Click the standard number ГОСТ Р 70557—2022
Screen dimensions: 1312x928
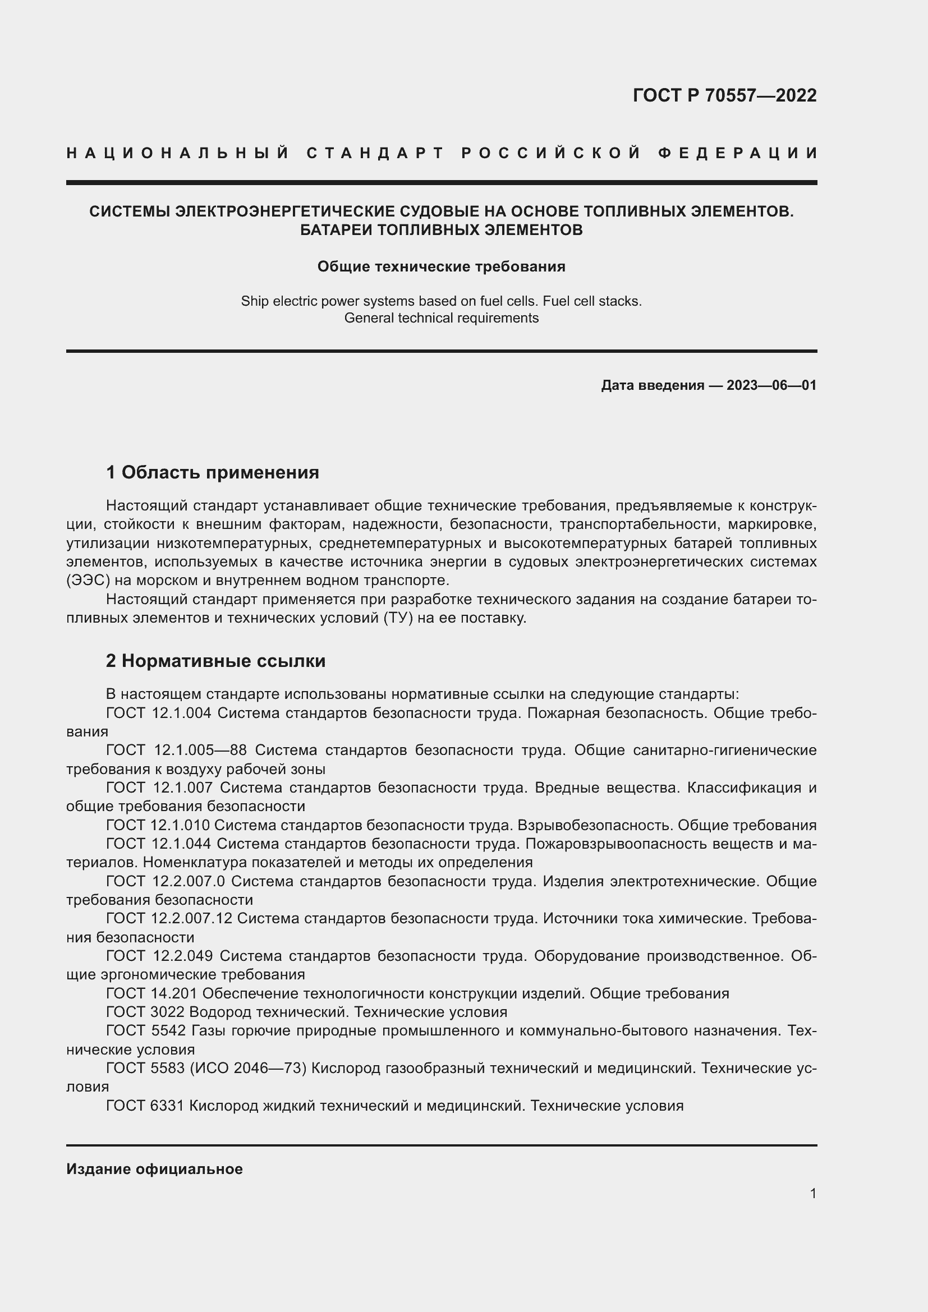(x=724, y=95)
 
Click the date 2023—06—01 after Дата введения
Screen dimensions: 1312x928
(x=771, y=385)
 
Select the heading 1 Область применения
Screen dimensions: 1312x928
(x=212, y=472)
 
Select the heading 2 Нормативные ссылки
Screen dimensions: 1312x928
(x=215, y=661)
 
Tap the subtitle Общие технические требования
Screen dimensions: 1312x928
(x=441, y=267)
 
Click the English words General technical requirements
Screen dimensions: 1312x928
(x=441, y=317)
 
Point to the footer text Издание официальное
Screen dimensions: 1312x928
(x=154, y=1169)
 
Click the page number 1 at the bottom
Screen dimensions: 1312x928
(x=813, y=1193)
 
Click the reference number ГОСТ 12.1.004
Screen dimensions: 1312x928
(x=159, y=712)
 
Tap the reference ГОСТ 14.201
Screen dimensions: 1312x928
(x=151, y=993)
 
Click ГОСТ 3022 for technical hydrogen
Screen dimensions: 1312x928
(x=145, y=1012)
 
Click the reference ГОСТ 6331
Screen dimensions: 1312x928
(x=145, y=1106)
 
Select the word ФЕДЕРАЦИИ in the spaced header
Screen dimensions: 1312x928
(x=738, y=153)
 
